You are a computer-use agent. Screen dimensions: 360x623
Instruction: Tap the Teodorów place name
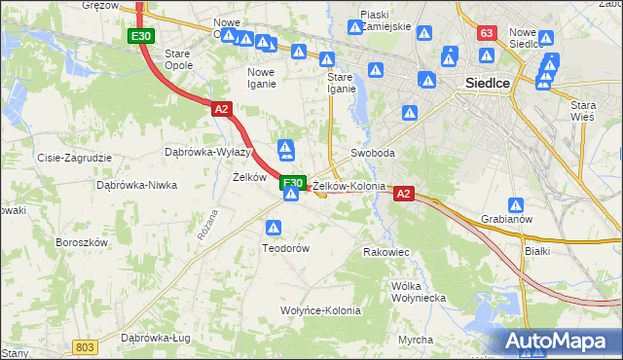pos(285,248)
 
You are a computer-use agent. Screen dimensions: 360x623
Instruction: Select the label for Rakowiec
pos(385,252)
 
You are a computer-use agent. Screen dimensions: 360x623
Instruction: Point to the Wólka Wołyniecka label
pos(417,292)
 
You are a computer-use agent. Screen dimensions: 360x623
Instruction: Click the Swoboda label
pos(373,154)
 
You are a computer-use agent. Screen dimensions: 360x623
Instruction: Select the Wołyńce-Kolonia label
pos(320,311)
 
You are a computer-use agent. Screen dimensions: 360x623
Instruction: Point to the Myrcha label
pos(416,340)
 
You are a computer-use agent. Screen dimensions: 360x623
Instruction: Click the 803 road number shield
pos(85,347)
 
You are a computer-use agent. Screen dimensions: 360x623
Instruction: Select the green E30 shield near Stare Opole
pos(140,36)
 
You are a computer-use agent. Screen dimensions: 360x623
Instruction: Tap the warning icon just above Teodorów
pos(275,228)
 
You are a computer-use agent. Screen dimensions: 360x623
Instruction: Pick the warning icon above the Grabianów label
pos(516,205)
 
